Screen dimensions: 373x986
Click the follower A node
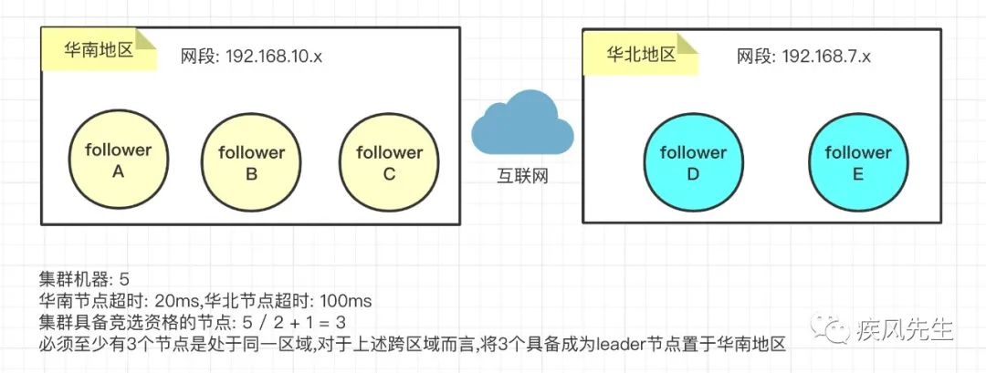point(118,161)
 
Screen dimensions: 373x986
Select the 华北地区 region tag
point(641,54)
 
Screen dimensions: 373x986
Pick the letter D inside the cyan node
point(693,174)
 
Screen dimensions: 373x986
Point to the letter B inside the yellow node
point(252,174)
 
